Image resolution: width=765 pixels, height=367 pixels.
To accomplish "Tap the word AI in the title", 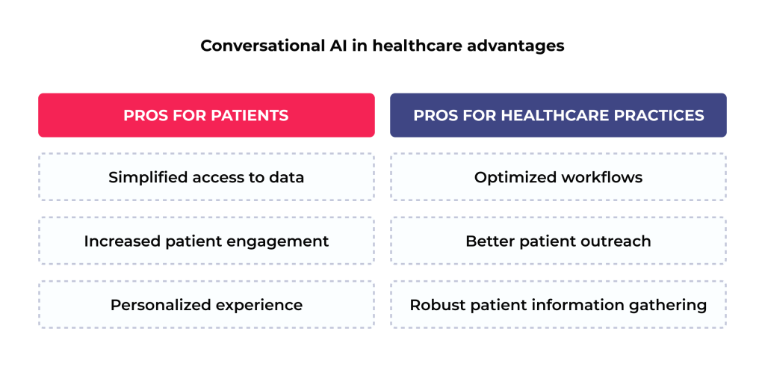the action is click(x=335, y=46).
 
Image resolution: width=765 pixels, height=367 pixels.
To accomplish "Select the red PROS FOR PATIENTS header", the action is click(x=206, y=115).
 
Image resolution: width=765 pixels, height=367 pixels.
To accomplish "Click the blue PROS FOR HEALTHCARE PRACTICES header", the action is click(x=558, y=115).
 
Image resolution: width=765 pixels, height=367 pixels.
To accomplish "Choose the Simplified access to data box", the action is click(x=206, y=177).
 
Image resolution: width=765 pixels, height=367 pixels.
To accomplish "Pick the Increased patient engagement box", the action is click(x=206, y=241).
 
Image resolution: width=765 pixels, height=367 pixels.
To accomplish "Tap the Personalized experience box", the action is click(x=206, y=305).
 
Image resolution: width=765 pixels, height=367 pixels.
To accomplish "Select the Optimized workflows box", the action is click(x=558, y=177).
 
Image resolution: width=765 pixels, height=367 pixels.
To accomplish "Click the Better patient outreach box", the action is click(x=558, y=241).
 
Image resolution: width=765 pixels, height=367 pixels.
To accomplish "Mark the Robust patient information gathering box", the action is click(x=558, y=305).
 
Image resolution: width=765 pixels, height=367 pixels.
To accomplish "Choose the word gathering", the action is click(x=673, y=306).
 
